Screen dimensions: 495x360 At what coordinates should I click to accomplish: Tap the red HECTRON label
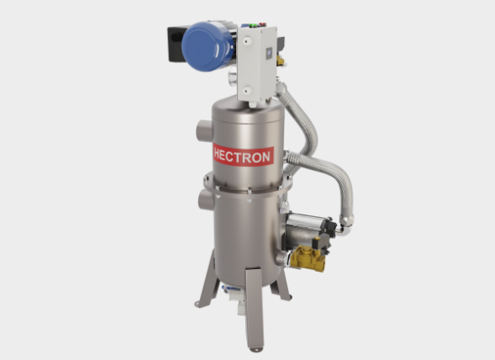click(243, 156)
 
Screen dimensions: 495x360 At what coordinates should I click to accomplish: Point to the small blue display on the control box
click(269, 53)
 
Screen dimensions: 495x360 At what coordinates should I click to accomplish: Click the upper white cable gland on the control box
click(247, 41)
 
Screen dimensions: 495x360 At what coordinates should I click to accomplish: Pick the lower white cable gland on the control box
click(247, 90)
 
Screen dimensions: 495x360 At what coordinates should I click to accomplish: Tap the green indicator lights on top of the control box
click(253, 25)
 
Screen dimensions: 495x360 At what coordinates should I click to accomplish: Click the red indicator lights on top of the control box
click(262, 24)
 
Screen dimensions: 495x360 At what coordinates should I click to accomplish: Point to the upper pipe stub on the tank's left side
click(204, 131)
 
